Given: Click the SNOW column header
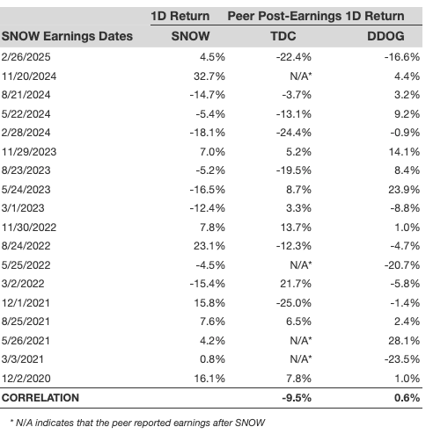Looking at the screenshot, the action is (x=190, y=36).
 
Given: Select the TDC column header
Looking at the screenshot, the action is (x=283, y=36).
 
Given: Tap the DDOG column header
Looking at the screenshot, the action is (x=385, y=36).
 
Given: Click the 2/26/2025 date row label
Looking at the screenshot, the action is (x=26, y=57).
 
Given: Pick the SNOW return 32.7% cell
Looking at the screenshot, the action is (x=209, y=76).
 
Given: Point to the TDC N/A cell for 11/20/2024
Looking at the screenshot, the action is (x=301, y=76).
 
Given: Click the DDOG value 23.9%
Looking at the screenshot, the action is (x=404, y=190).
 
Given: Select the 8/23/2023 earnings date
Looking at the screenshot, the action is (x=26, y=170).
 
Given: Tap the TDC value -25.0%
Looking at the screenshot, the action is (x=294, y=303).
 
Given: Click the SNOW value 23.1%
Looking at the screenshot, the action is (x=209, y=246).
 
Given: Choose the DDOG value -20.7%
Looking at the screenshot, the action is (x=402, y=265).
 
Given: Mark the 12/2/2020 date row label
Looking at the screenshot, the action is (x=26, y=379).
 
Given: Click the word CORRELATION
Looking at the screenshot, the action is (x=40, y=398).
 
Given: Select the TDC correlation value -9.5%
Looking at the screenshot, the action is (x=297, y=398).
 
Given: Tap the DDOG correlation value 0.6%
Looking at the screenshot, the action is (x=407, y=398).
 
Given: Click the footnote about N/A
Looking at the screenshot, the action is (x=137, y=423).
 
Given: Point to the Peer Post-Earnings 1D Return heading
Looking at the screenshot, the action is (x=316, y=16).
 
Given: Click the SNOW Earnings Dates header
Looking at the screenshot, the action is (x=67, y=36).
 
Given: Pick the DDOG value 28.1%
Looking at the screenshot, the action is (x=404, y=341).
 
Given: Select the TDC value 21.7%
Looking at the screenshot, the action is (x=296, y=284).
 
